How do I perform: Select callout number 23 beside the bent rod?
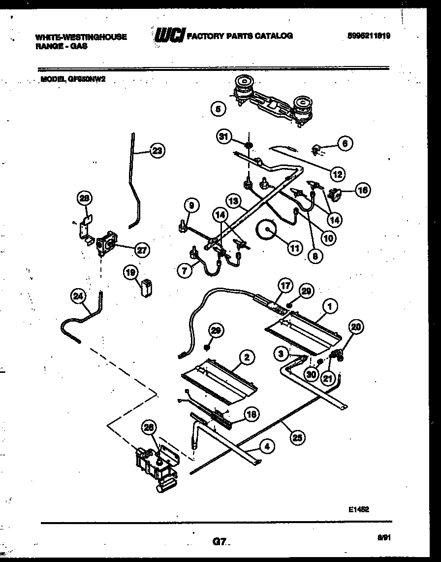[x=157, y=151]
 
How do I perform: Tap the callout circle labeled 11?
[x=294, y=249]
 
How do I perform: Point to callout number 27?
[x=141, y=250]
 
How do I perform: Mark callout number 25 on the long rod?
[x=297, y=437]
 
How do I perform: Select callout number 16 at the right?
[x=363, y=191]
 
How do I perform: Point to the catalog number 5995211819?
[x=368, y=36]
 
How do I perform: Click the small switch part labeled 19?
[x=146, y=288]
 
